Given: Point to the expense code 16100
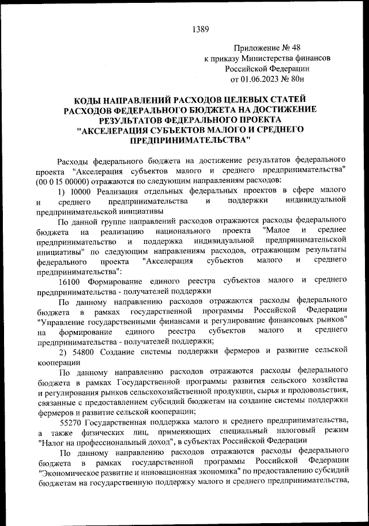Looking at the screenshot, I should pos(72,281).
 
